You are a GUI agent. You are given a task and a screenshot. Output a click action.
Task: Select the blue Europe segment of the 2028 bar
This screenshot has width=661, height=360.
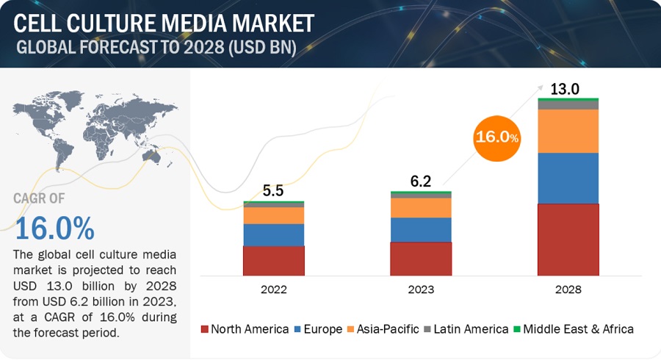[x=568, y=178]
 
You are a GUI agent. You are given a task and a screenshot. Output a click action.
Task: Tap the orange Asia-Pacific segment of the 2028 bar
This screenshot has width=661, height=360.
[x=568, y=131]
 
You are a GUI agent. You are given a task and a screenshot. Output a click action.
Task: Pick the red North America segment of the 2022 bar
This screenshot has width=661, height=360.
[x=274, y=260]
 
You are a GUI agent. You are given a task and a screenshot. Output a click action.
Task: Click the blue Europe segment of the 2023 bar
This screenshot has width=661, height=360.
[x=421, y=229]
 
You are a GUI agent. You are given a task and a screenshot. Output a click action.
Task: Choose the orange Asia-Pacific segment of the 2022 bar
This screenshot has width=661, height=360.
[x=274, y=215]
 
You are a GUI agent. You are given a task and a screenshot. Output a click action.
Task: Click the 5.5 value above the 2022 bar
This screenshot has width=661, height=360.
[x=273, y=191]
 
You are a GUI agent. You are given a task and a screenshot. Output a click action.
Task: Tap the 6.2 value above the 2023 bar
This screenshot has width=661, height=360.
[x=421, y=181]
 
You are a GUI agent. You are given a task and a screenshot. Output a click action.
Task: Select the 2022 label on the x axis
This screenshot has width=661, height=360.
[x=274, y=289]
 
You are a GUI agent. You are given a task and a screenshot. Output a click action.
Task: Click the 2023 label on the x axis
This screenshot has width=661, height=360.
[x=421, y=289]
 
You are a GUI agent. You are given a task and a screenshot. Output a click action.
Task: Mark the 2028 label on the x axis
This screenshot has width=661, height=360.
[x=568, y=289]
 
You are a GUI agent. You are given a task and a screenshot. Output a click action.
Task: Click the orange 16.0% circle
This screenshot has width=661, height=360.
[x=497, y=137]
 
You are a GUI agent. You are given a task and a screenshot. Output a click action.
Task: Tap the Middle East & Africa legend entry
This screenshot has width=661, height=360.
[x=575, y=329]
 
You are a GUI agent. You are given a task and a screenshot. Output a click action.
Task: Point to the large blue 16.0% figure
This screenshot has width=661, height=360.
[x=54, y=228]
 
